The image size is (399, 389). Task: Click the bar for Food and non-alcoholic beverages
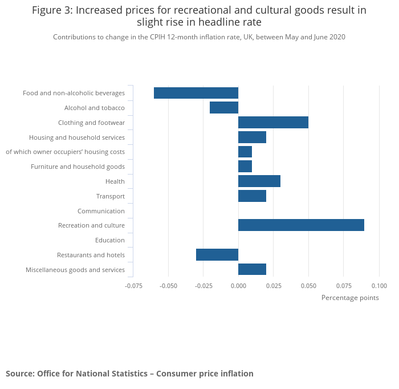tap(196, 93)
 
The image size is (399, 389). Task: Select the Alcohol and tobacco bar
tap(224, 108)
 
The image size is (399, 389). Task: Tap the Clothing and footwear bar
tap(273, 123)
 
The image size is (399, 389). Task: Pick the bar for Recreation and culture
tap(301, 225)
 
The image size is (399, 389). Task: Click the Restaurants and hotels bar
tap(217, 255)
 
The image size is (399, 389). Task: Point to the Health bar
tap(259, 181)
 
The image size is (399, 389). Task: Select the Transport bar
tap(252, 196)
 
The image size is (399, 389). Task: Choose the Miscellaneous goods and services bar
tap(252, 270)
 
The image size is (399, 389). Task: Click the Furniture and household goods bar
tap(245, 167)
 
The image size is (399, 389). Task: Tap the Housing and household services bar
tap(252, 137)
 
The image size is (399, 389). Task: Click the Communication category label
tap(101, 211)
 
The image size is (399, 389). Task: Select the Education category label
tap(110, 240)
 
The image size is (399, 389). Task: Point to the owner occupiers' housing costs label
tap(65, 152)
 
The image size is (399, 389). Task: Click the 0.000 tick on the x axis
tap(238, 285)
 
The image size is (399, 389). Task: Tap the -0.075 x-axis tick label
tap(133, 285)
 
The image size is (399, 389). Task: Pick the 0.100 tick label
tap(378, 285)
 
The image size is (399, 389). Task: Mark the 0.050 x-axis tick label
tap(308, 285)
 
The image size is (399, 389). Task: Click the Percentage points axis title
tap(350, 298)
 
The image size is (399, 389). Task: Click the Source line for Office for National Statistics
tap(129, 374)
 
